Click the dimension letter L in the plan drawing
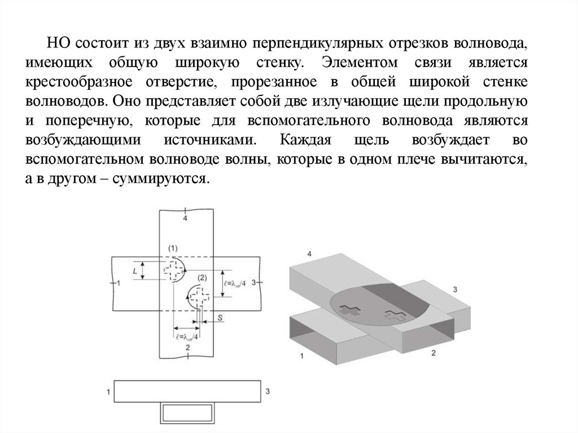point(134,271)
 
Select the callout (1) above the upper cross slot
point(173,248)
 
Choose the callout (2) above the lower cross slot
point(202,277)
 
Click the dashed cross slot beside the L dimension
point(173,270)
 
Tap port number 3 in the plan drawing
point(253,282)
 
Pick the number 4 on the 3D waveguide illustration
point(309,254)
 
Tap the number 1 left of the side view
point(107,391)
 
